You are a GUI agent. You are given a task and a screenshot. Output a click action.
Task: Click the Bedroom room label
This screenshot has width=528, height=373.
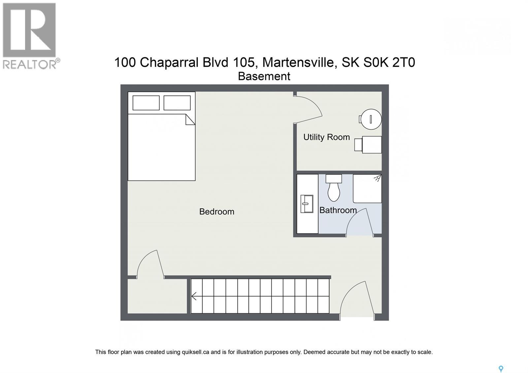(216, 212)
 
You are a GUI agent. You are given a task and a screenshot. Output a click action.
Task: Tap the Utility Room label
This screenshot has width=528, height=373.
(326, 137)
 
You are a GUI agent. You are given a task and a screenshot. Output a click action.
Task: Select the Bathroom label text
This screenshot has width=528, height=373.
(338, 210)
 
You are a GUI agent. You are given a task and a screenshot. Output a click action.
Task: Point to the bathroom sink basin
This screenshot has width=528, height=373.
(307, 204)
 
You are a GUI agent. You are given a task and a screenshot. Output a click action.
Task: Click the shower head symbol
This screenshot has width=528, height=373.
(377, 179)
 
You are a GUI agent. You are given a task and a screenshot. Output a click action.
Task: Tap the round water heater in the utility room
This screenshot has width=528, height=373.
(371, 119)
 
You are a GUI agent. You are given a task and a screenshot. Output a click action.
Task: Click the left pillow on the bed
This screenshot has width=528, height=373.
(146, 103)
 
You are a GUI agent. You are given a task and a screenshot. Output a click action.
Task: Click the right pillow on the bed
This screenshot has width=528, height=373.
(177, 103)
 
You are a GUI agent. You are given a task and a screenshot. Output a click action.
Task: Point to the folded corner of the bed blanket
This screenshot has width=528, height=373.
(190, 119)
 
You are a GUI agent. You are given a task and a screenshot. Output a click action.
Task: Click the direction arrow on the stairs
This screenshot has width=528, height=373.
(194, 296)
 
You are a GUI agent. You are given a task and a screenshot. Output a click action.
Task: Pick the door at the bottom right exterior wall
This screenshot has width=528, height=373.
(357, 300)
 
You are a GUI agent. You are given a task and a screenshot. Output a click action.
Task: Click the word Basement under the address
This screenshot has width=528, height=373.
(264, 76)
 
